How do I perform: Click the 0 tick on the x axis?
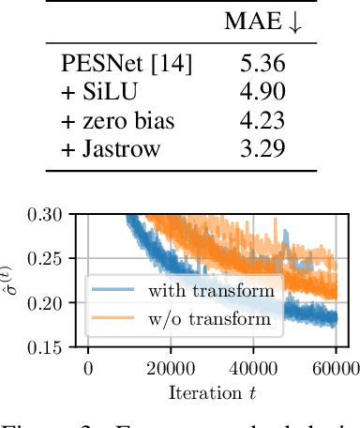(88, 367)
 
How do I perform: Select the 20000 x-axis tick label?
(172, 367)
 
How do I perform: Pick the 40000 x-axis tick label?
(255, 367)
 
